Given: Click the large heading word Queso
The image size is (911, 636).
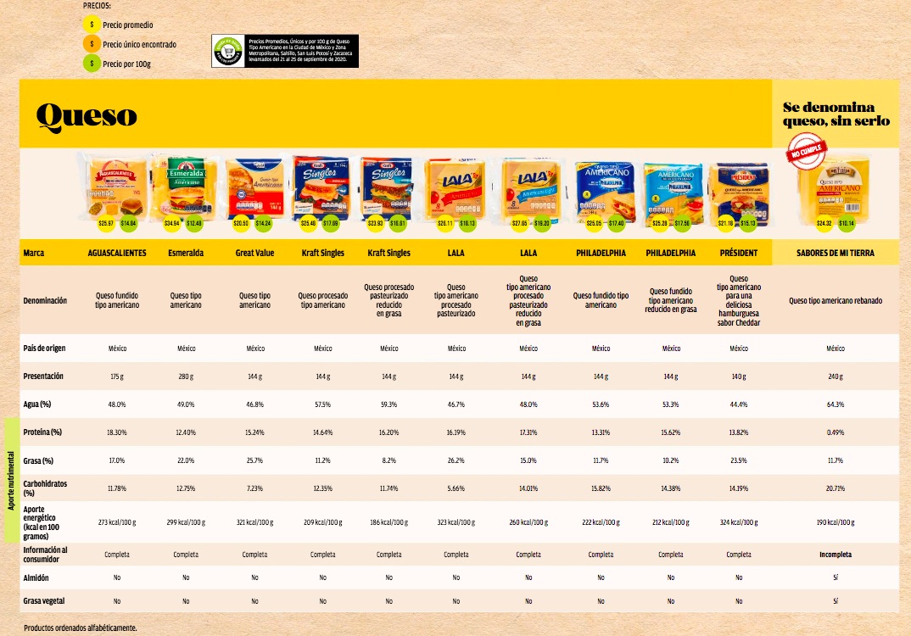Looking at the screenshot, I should tap(87, 114).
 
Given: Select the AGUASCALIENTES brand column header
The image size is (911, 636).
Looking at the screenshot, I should tap(117, 253).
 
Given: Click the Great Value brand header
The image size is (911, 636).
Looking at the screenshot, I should tap(254, 253).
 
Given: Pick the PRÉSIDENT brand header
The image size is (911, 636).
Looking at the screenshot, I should tap(738, 253).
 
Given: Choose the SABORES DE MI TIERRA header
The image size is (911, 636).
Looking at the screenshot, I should tap(836, 253).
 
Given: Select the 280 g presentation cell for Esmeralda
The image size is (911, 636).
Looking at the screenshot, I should tap(186, 376).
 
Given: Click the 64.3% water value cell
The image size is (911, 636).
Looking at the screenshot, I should tap(836, 404).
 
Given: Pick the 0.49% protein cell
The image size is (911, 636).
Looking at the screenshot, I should tap(836, 432).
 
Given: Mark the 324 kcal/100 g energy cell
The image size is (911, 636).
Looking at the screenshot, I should tap(738, 522).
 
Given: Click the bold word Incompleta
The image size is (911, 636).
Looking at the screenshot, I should tap(836, 555).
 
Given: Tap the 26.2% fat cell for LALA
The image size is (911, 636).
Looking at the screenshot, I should tap(456, 461).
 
